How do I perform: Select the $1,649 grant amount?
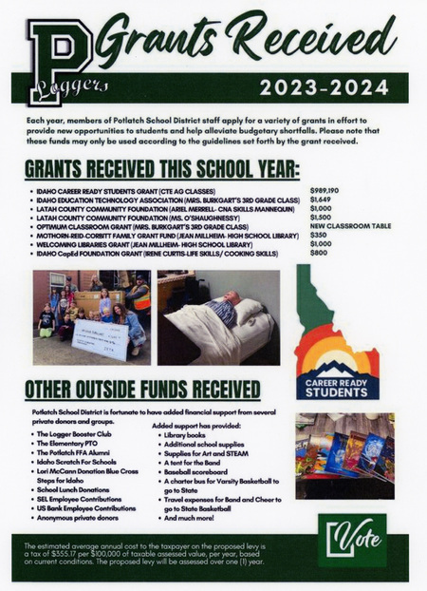pyautogui.click(x=321, y=200)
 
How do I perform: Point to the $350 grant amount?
pyautogui.click(x=318, y=236)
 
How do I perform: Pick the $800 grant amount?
pyautogui.click(x=318, y=254)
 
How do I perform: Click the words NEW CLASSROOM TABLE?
pyautogui.click(x=353, y=227)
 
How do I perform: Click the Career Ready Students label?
pyautogui.click(x=337, y=386)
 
